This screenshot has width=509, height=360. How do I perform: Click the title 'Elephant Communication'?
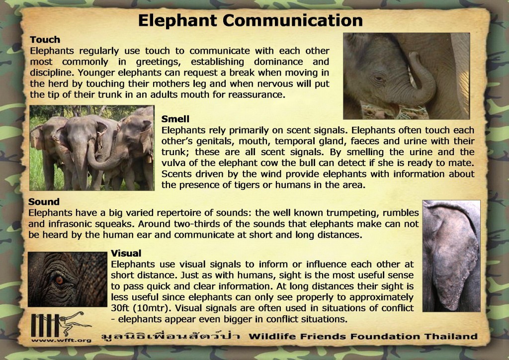tap(250, 20)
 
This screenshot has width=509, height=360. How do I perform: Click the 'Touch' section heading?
tap(45, 39)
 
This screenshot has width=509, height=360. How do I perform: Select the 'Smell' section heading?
tap(175, 119)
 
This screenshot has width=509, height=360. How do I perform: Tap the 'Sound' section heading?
tap(44, 202)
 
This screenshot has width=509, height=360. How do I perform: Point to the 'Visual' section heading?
tap(126, 253)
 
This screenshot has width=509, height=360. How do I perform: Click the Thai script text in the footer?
tap(170, 337)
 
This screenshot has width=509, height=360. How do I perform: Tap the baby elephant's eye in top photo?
tap(379, 78)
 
